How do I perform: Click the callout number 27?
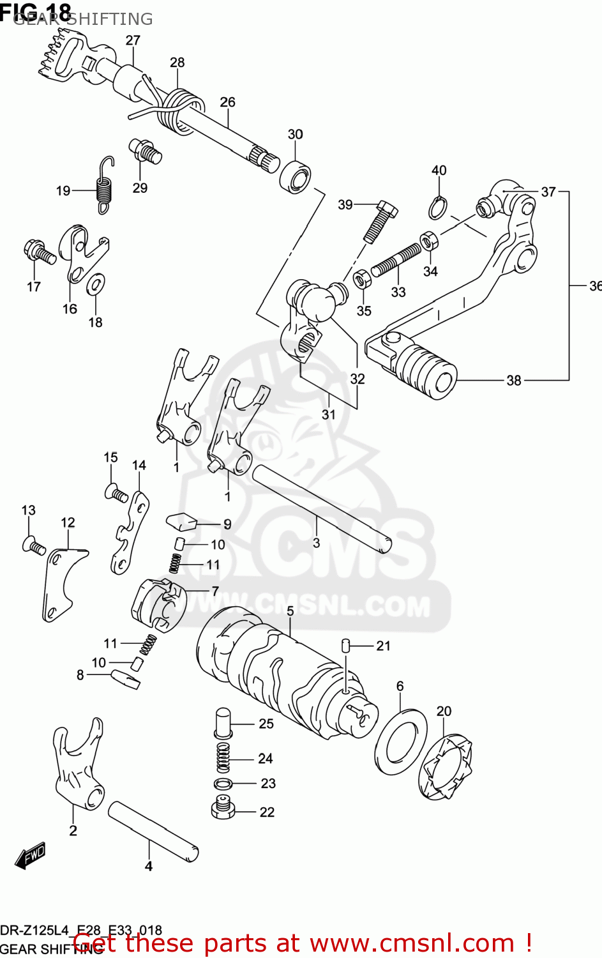pyautogui.click(x=133, y=40)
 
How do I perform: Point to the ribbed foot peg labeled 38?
pyautogui.click(x=425, y=369)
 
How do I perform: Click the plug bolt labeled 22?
pyautogui.click(x=222, y=809)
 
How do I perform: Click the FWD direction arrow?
pyautogui.click(x=29, y=856)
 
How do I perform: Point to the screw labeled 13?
pyautogui.click(x=33, y=546)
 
